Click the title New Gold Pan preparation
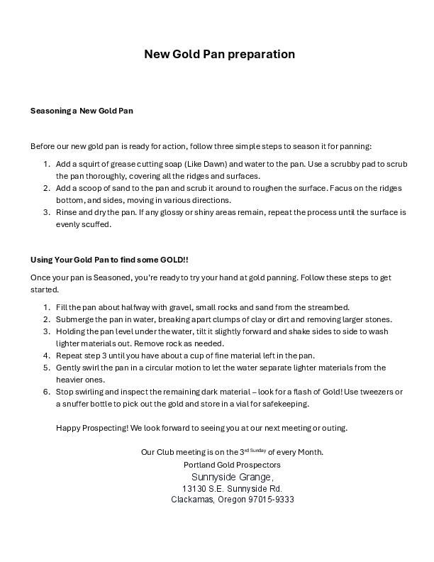(219, 54)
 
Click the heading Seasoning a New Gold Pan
(82, 111)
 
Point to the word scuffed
(97, 224)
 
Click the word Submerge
(75, 319)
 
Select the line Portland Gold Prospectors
(232, 465)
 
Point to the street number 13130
(194, 489)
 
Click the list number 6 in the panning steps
(46, 392)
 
